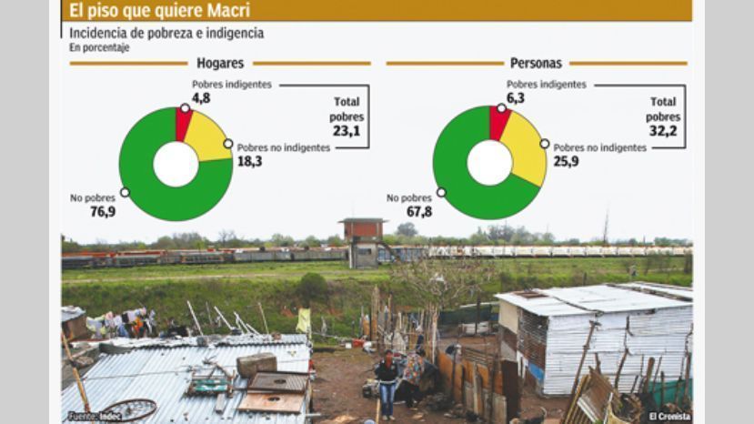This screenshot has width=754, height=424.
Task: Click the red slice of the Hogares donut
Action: pos(182,124)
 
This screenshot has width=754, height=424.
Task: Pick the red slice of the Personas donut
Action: pos(498,122)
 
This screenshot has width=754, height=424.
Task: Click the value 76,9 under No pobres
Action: pos(103,212)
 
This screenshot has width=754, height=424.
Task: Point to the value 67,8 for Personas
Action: pos(419,212)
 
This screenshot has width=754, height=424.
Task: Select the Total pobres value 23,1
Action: pos(347,131)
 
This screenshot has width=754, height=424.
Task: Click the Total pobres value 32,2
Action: pos(663,131)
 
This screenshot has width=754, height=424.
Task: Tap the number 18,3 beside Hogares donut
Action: pos(249,162)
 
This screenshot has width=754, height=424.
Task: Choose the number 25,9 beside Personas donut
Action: pos(566,162)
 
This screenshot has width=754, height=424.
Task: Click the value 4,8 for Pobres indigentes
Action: pos(202,98)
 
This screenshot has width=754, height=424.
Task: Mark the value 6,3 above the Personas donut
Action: pos(516,98)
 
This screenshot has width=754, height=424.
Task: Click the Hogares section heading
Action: pos(220,63)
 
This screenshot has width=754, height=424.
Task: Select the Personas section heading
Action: pos(536,63)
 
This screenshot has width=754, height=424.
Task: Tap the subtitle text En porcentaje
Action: pos(99,47)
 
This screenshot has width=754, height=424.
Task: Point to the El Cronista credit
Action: pos(669,417)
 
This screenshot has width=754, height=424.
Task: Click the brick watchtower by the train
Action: pos(364,243)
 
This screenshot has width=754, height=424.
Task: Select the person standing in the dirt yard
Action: pos(387,384)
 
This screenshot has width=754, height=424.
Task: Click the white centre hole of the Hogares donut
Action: pos(176,164)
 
